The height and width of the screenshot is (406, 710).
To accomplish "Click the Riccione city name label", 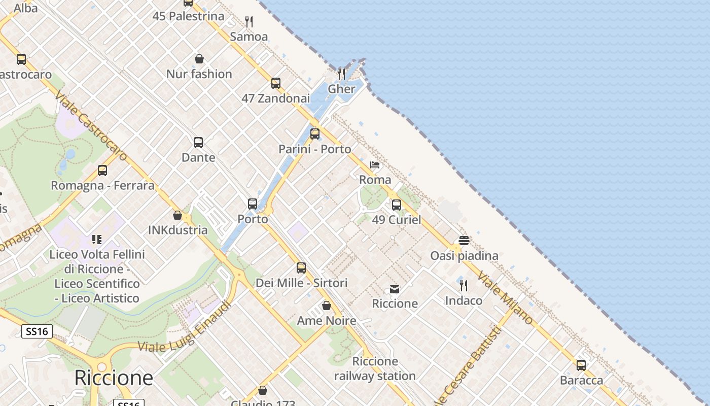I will point(113,378).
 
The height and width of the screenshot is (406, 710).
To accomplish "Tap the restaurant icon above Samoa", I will point(249,22).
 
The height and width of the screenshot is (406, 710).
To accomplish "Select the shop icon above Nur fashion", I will point(199,59).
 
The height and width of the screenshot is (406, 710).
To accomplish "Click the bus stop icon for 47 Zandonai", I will point(276,83).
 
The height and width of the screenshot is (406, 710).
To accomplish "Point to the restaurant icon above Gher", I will point(341,74).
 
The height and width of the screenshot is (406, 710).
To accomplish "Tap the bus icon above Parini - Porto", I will point(315,134).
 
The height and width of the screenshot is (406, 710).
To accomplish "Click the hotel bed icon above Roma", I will point(375,165).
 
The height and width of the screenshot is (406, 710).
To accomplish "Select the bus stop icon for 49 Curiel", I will point(397,205).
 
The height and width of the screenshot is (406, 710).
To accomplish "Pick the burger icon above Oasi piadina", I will point(464,241).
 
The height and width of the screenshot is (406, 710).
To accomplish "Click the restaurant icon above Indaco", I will point(464,286).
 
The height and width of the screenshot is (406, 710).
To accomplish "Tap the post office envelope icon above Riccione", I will point(395,289).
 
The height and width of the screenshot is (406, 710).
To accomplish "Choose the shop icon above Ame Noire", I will point(327,306).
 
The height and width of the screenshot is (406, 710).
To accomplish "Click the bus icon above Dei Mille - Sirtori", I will point(301,268).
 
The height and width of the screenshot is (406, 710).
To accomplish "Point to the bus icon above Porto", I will point(253,204).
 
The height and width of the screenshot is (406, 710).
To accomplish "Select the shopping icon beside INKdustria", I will point(177,215).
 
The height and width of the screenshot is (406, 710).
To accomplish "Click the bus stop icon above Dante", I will point(198,143).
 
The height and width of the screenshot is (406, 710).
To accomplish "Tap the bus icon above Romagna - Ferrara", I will point(102,171).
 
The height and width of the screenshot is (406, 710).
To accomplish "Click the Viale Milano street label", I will point(506,299).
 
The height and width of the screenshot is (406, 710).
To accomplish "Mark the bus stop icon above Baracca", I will point(581,365).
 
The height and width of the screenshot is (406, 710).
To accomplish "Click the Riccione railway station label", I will point(375,368).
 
